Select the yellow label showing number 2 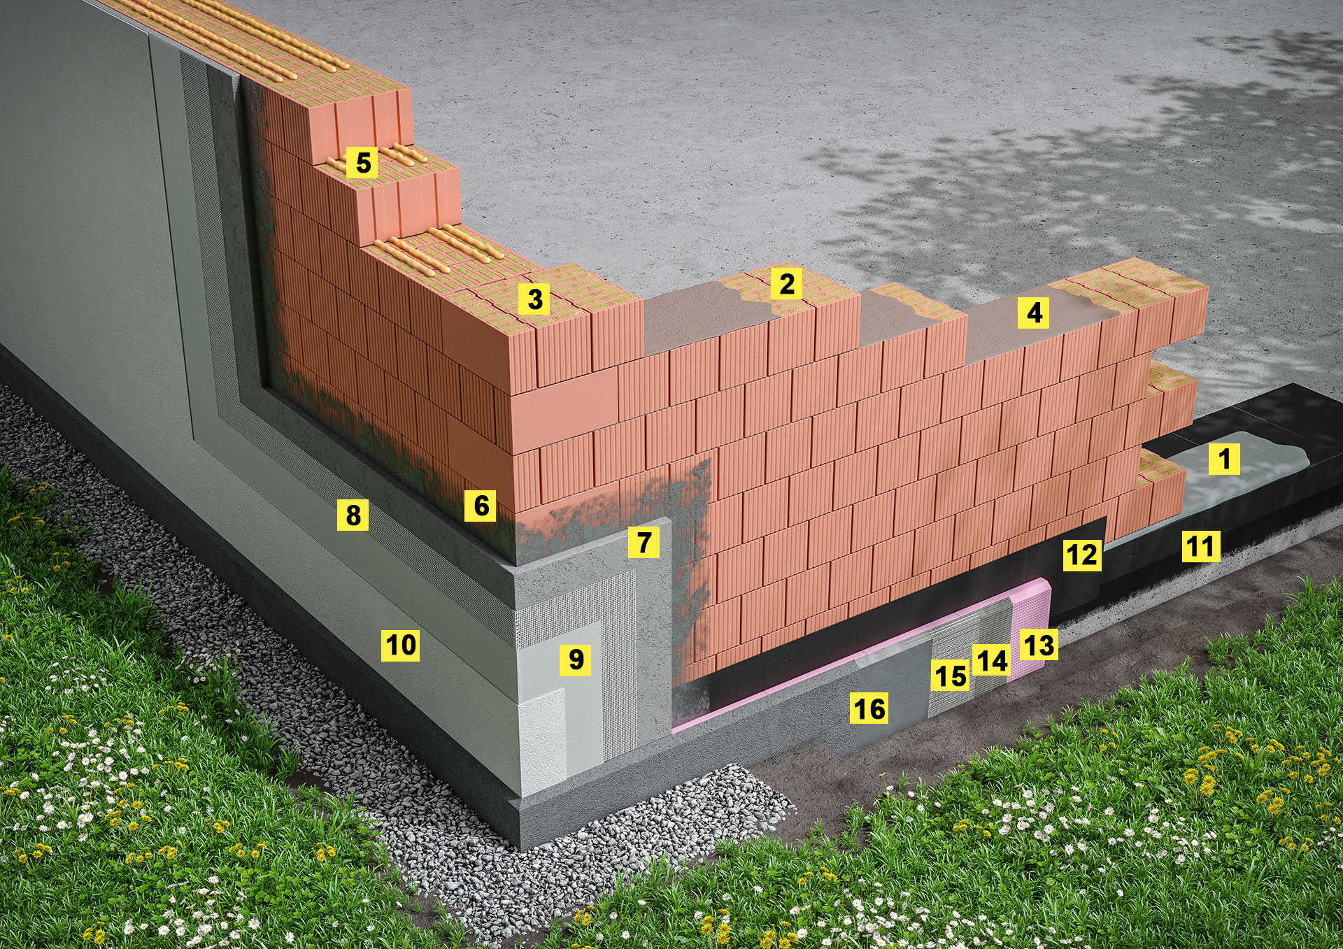point(787,284)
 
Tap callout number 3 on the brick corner point(535,299)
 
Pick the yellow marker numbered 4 point(1035,312)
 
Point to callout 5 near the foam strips point(363,162)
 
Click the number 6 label point(481,505)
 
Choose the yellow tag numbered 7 point(644,541)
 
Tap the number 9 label point(576,659)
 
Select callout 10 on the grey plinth point(401,644)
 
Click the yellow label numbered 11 point(1202,545)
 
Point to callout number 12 point(1081,555)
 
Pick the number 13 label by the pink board point(1038,645)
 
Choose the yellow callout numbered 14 point(991,660)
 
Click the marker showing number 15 point(950,676)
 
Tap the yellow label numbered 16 point(869,708)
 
